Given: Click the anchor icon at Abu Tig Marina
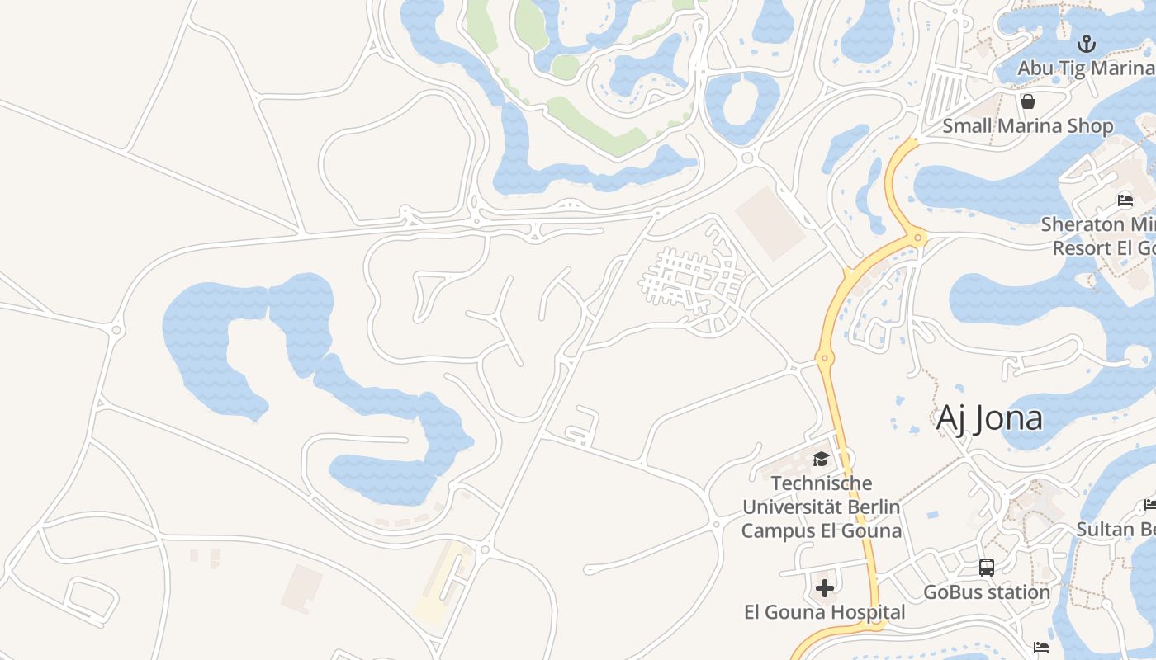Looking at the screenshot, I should (1087, 44).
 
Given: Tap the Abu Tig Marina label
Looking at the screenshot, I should (1085, 68).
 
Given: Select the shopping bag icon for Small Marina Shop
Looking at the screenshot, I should (1028, 101).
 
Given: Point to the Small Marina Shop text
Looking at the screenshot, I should (1028, 126).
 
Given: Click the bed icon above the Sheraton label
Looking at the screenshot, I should (1125, 199).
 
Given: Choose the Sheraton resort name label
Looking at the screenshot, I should (1098, 236).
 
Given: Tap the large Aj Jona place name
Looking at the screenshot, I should (989, 418).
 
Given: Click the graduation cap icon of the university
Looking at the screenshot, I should (821, 459).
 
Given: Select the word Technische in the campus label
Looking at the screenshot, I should (821, 483).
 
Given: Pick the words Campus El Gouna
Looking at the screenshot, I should (821, 530).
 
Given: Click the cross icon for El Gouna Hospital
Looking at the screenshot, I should (824, 588).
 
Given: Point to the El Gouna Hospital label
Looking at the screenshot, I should (824, 612).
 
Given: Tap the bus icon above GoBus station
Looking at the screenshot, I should (987, 568).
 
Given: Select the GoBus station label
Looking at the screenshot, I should (987, 592).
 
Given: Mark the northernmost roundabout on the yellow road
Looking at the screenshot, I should (918, 239).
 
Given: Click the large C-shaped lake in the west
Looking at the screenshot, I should (206, 338).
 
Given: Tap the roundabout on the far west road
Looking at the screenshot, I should (116, 330).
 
